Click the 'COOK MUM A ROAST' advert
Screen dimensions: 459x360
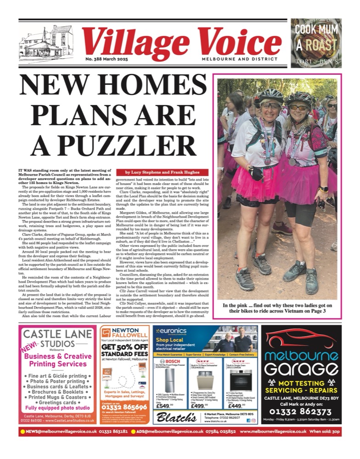click(316, 42)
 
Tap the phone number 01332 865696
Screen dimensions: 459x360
click(124, 407)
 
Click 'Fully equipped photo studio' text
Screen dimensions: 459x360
click(57, 407)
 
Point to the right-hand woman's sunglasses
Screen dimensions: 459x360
click(299, 107)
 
